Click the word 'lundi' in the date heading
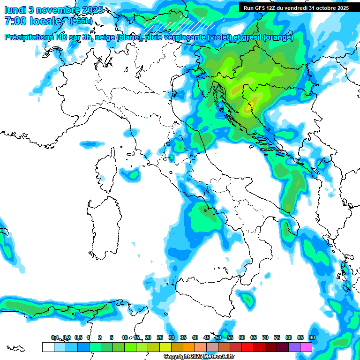pyautogui.click(x=15, y=9)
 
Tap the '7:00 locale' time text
pyautogui.click(x=33, y=21)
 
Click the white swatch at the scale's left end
pyautogui.click(x=48, y=347)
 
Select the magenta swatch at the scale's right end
pyautogui.click(x=306, y=347)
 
